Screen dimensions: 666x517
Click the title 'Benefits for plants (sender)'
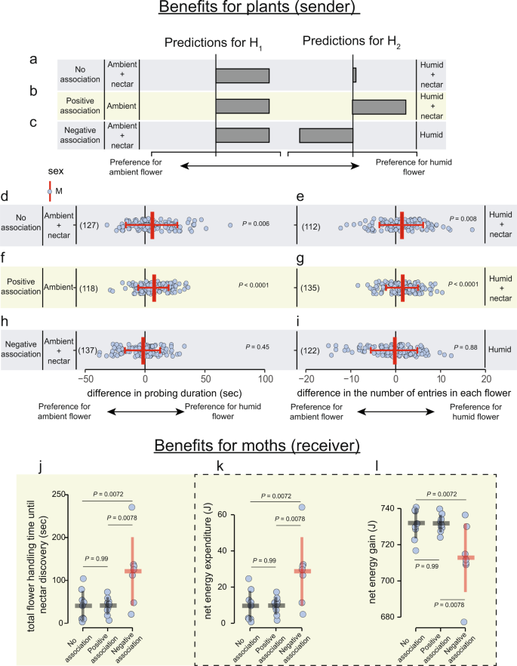(258, 10)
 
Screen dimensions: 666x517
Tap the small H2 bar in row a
(355, 76)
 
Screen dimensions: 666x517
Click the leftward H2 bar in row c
(326, 135)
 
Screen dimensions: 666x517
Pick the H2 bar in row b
(379, 106)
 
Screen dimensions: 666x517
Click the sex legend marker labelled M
(49, 191)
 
